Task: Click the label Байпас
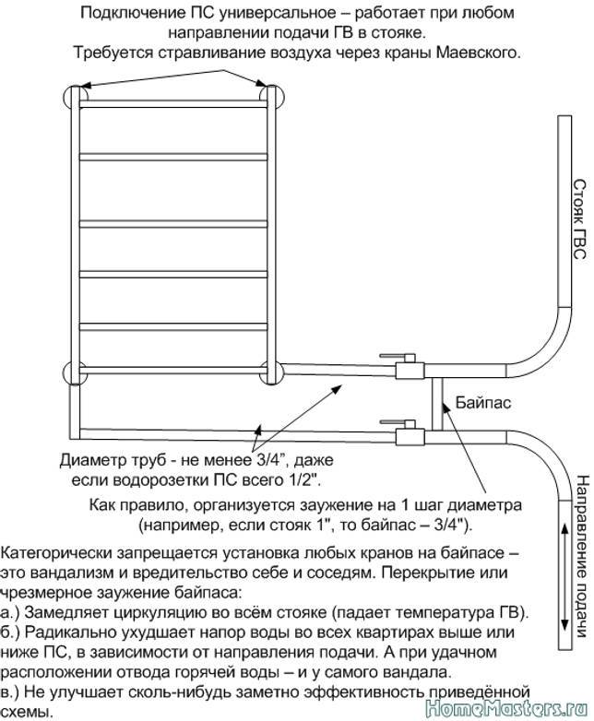click(483, 403)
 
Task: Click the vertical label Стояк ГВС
click(579, 219)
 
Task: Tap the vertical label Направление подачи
click(582, 556)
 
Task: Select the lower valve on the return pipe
click(409, 432)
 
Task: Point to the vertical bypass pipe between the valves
click(437, 404)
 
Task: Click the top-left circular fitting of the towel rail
click(75, 97)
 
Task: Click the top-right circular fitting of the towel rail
click(272, 97)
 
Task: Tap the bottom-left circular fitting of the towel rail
click(75, 372)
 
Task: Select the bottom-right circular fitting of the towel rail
click(270, 372)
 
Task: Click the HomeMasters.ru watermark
click(506, 709)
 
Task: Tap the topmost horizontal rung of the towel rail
click(173, 104)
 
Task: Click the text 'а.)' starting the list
click(9, 613)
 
